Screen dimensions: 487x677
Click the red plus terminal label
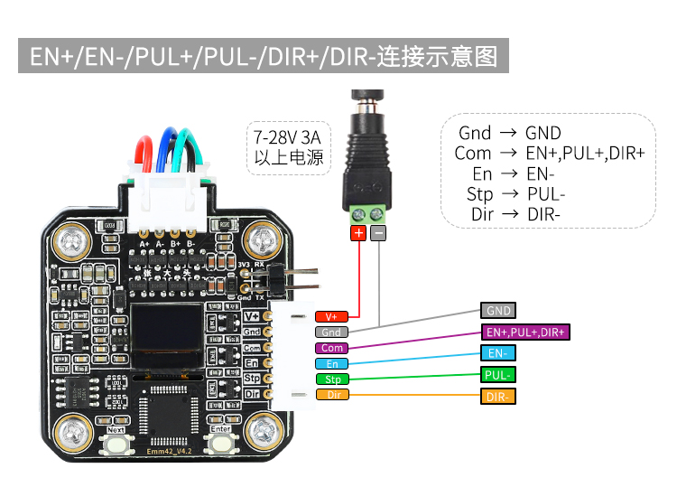pos(358,233)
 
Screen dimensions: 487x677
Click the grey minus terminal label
pos(378,233)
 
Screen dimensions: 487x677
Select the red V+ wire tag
pos(331,317)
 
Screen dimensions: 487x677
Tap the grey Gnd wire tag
pos(331,332)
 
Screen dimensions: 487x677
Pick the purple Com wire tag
pos(331,348)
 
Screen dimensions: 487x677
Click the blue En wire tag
pos(331,363)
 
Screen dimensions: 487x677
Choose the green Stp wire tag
pos(331,379)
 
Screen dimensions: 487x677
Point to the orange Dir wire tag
pos(331,394)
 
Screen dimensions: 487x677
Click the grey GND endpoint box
pos(498,310)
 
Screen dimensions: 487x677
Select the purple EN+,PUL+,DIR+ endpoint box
pos(525,332)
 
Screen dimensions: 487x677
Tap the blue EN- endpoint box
pos(498,353)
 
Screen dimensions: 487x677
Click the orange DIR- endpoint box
pos(498,397)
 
